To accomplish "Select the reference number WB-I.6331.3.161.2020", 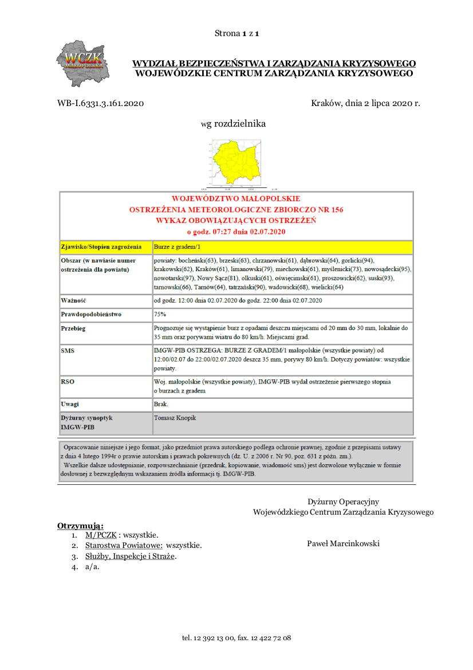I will (x=100, y=104).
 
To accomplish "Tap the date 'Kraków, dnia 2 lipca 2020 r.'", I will (x=365, y=104).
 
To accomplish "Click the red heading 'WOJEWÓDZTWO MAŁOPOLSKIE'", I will (x=236, y=199).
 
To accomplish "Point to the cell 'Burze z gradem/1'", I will (x=177, y=247).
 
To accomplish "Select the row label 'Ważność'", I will (x=73, y=300).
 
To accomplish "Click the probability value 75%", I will (x=160, y=315).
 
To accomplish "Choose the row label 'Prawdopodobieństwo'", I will (x=91, y=315).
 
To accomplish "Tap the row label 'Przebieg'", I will (x=74, y=329).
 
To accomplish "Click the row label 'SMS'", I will (x=68, y=350).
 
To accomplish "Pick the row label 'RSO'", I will (x=68, y=381).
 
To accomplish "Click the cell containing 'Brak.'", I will (x=161, y=404).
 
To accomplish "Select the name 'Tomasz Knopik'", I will (x=175, y=418).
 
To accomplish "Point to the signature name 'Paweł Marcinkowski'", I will (x=343, y=543).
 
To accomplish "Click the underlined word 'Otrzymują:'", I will (x=80, y=526).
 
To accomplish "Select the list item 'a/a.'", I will (x=92, y=567).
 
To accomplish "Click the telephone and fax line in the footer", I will (x=236, y=637).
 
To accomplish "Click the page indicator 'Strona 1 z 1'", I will (x=237, y=33).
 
